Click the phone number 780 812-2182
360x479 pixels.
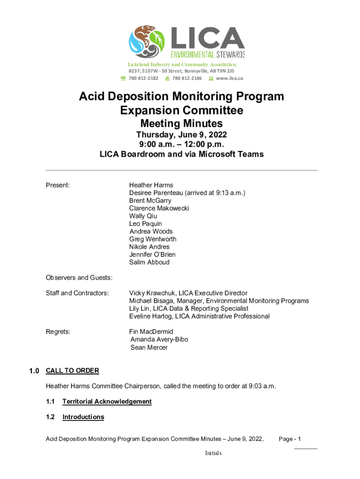[x=144, y=78]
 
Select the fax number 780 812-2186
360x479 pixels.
[x=187, y=78]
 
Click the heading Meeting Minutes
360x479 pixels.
[x=181, y=123]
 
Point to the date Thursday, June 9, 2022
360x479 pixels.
[x=181, y=135]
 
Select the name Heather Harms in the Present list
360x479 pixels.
[x=151, y=185]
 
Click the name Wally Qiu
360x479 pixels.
[x=143, y=216]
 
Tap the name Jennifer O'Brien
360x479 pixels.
[x=152, y=254]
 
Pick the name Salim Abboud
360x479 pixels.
[x=150, y=262]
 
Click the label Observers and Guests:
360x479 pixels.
[x=79, y=278]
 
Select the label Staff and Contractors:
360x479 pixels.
[x=77, y=293]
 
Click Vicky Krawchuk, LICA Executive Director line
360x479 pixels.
[x=188, y=293]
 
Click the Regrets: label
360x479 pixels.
[x=58, y=332]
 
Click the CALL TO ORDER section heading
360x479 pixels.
[x=72, y=371]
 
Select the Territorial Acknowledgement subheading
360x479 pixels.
[x=107, y=402]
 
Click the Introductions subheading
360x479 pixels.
[x=83, y=417]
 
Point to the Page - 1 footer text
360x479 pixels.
[x=289, y=439]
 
